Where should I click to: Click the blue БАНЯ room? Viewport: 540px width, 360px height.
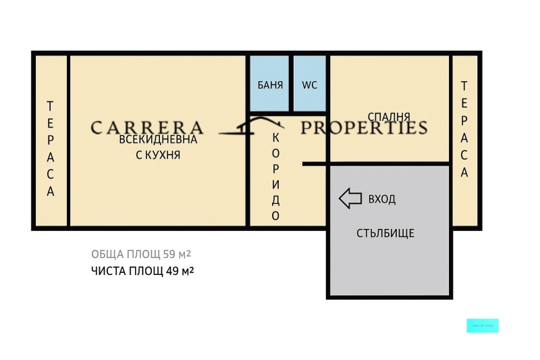[x=270, y=84]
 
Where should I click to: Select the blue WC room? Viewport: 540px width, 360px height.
[x=309, y=84]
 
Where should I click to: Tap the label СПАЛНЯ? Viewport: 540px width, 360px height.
[x=389, y=117]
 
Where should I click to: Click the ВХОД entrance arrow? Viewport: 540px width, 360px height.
[x=350, y=199]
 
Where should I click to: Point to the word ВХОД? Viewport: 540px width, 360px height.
[x=381, y=199]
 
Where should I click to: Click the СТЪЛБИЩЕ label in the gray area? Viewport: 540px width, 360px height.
[x=385, y=234]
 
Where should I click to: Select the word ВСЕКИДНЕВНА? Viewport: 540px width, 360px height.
[x=158, y=140]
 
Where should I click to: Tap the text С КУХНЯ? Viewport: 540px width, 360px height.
[x=158, y=155]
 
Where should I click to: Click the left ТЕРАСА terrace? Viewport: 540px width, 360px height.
[x=51, y=149]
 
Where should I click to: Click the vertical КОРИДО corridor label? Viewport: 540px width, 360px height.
[x=275, y=176]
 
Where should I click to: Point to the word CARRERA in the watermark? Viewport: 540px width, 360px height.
[x=146, y=127]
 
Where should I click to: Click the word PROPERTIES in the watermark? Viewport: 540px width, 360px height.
[x=364, y=127]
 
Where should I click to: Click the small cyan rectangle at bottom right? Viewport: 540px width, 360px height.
[x=483, y=326]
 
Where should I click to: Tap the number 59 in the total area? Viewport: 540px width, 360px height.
[x=169, y=255]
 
